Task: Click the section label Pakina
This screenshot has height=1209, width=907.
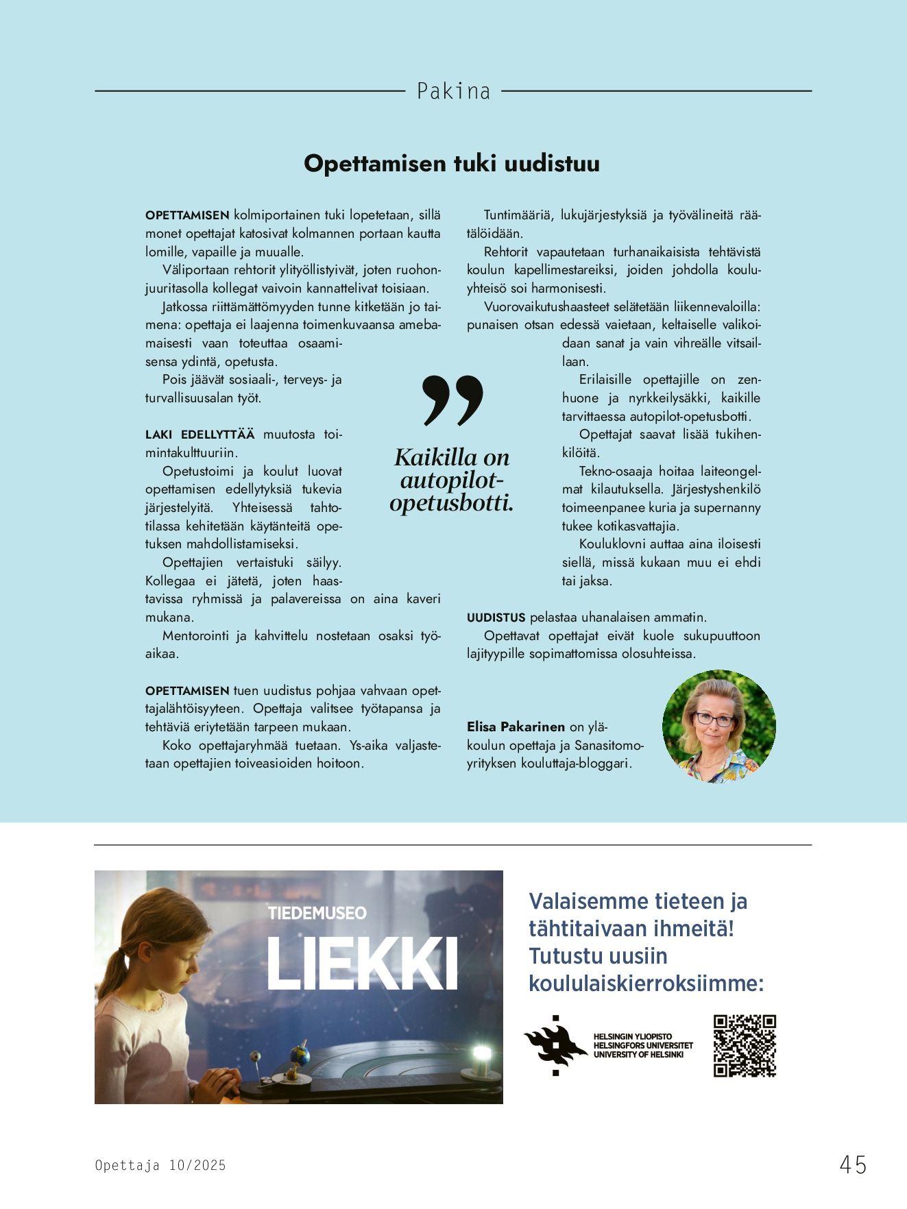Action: pyautogui.click(x=453, y=91)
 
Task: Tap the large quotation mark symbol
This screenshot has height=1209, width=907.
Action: pyautogui.click(x=452, y=400)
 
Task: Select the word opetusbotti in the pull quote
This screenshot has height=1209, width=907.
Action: pyautogui.click(x=451, y=503)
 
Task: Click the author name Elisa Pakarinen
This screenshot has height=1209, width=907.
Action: pyautogui.click(x=516, y=726)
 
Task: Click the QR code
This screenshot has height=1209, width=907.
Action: pyautogui.click(x=745, y=1046)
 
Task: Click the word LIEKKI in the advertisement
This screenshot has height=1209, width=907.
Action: pyautogui.click(x=362, y=964)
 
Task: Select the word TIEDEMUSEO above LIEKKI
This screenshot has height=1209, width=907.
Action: pyautogui.click(x=317, y=914)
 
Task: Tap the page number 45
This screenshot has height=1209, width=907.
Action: pyautogui.click(x=853, y=1164)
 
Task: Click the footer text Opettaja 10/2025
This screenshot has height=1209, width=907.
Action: pyautogui.click(x=160, y=1165)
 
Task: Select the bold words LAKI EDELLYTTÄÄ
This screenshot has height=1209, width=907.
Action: pyautogui.click(x=199, y=435)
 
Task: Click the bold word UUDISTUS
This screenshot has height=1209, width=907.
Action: pyautogui.click(x=496, y=618)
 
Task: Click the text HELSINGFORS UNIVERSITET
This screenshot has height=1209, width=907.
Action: pyautogui.click(x=642, y=1046)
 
